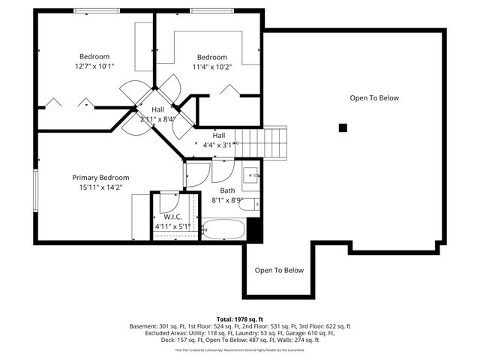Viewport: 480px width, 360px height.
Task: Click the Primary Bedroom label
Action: [95, 178]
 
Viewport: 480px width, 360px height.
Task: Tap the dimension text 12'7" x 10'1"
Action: [95, 67]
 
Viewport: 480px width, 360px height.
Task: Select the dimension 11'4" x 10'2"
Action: [211, 67]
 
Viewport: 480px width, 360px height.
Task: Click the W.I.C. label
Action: [172, 217]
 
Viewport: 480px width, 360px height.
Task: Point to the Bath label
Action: [227, 191]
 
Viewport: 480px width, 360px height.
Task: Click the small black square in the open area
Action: [343, 127]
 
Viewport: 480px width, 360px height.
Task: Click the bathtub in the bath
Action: [224, 229]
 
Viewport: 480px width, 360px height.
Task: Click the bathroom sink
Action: [253, 177]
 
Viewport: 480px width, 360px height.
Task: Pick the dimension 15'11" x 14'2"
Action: [96, 188]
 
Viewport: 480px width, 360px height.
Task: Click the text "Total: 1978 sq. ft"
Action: [240, 319]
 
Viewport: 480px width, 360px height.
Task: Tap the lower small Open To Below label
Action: [279, 271]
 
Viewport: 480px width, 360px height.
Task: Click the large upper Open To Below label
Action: [374, 98]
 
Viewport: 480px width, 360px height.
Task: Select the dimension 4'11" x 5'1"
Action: [173, 226]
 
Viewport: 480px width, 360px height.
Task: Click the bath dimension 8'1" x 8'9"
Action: [227, 200]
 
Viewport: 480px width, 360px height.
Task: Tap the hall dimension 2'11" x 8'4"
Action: [157, 119]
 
